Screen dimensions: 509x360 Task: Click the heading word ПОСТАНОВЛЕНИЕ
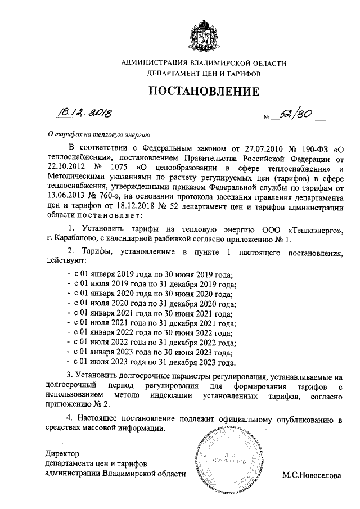204,91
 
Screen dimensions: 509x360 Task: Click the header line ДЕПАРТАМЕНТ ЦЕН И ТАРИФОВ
204,73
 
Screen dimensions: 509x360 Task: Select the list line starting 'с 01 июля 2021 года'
151,323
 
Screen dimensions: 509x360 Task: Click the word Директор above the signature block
62,453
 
